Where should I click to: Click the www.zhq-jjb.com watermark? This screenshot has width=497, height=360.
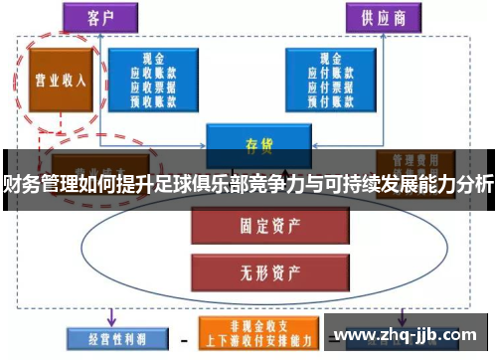407,336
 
